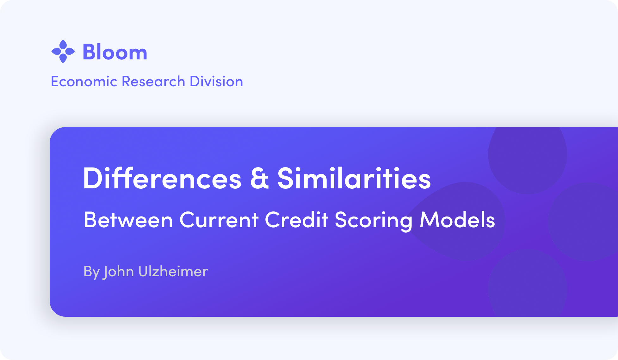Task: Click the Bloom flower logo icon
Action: pyautogui.click(x=63, y=51)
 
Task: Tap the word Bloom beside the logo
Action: pyautogui.click(x=115, y=52)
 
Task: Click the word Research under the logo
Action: pyautogui.click(x=153, y=82)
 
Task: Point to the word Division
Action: pyautogui.click(x=216, y=82)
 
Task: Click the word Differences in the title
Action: pyautogui.click(x=162, y=178)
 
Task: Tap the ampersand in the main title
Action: pyautogui.click(x=260, y=179)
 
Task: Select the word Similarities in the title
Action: pyautogui.click(x=354, y=178)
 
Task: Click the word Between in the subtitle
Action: pyautogui.click(x=128, y=220)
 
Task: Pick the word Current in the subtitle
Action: pyautogui.click(x=219, y=220)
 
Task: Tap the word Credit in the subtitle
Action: pyautogui.click(x=296, y=220)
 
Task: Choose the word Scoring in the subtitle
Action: pyautogui.click(x=374, y=221)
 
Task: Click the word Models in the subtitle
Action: pyautogui.click(x=457, y=220)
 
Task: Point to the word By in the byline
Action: pyautogui.click(x=92, y=272)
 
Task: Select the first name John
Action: pyautogui.click(x=119, y=272)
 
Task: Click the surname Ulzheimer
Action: pyautogui.click(x=173, y=271)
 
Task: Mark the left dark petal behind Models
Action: pyautogui.click(x=459, y=221)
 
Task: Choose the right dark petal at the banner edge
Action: pyautogui.click(x=584, y=222)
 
